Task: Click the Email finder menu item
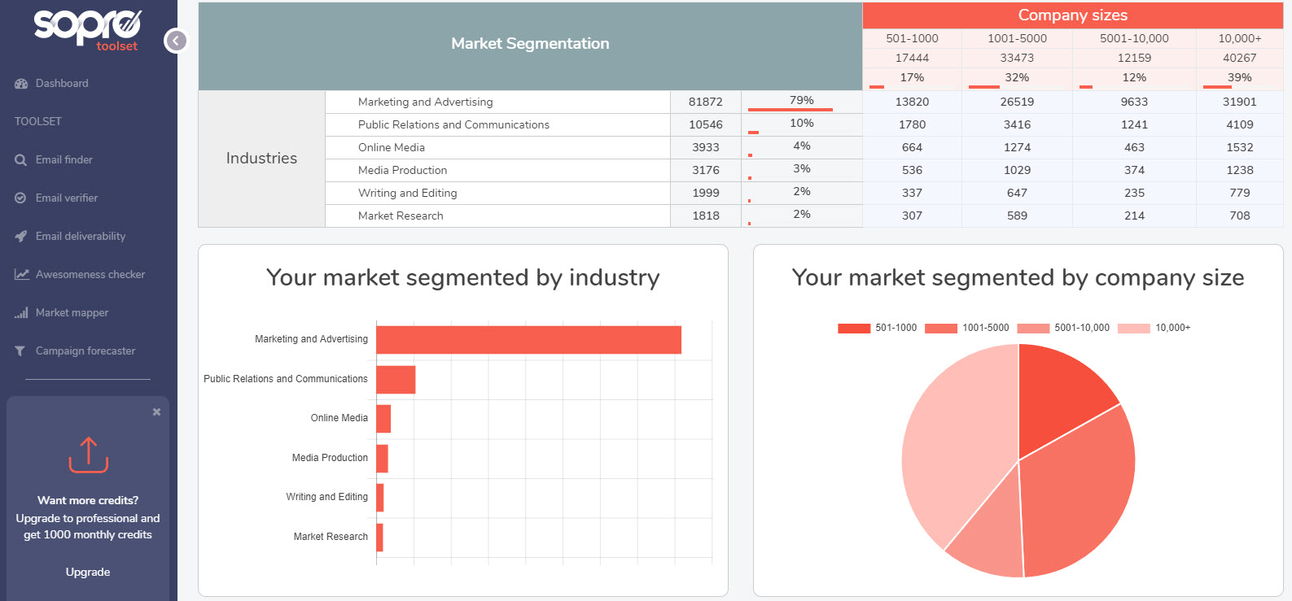[64, 160]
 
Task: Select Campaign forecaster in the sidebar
[85, 351]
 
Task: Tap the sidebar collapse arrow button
[176, 41]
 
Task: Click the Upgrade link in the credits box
[88, 572]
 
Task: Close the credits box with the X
[156, 412]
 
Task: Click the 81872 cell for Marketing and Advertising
[705, 102]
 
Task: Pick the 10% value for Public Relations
[801, 124]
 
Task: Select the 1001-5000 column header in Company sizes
[1017, 38]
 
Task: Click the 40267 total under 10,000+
[1239, 58]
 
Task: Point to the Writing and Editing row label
[407, 193]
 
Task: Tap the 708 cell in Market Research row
[1239, 216]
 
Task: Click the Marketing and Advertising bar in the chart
[528, 340]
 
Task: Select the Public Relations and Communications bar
[396, 380]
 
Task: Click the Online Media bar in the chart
[383, 419]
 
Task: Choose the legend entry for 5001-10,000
[1063, 328]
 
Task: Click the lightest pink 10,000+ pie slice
[953, 447]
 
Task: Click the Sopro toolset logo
[88, 28]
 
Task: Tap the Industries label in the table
[261, 159]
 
